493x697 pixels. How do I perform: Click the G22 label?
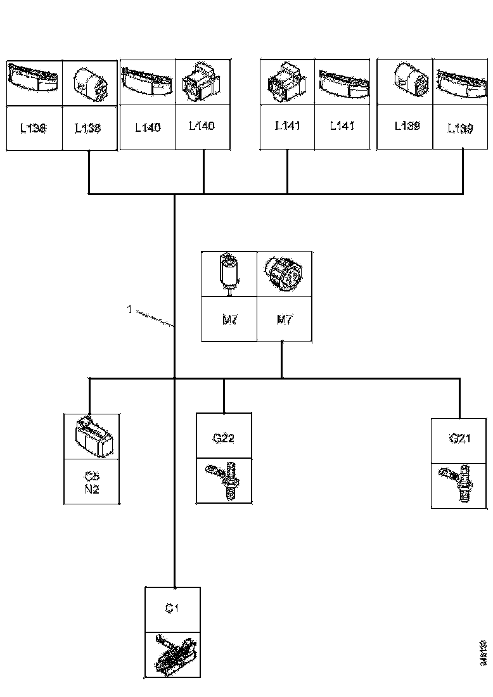(224, 438)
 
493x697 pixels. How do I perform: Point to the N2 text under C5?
(92, 489)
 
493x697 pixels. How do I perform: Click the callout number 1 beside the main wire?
(129, 310)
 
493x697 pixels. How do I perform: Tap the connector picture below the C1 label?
(173, 655)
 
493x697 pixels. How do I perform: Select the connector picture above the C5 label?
(93, 437)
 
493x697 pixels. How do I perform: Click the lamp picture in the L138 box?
(34, 82)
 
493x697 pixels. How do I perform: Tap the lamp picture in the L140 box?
(146, 83)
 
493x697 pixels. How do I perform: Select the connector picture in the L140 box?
(202, 83)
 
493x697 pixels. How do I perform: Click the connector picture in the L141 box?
(287, 83)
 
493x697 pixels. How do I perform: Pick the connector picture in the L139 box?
(404, 82)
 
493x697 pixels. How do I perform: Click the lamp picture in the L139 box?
(459, 82)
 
